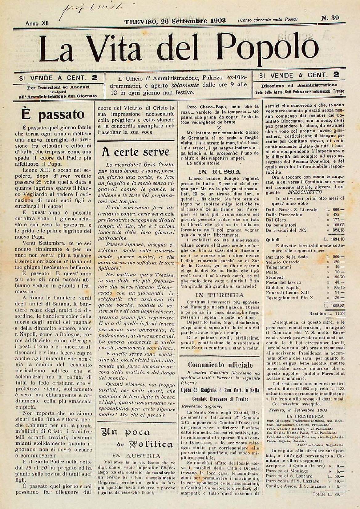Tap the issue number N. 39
click(x=330, y=18)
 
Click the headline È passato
click(x=53, y=114)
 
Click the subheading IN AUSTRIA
click(x=136, y=456)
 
